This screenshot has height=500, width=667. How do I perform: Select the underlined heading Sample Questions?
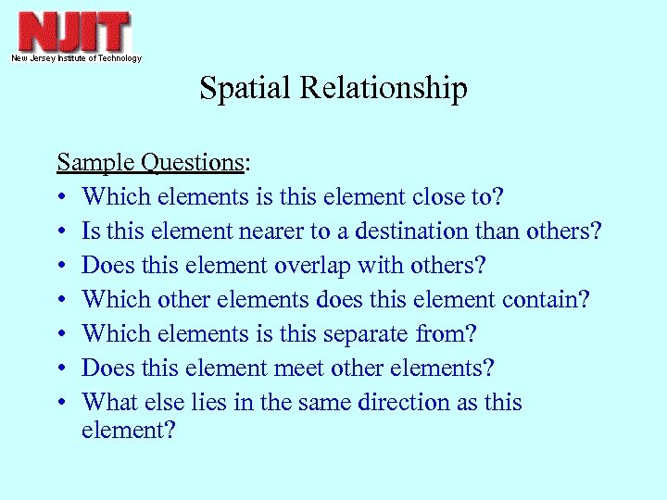151,163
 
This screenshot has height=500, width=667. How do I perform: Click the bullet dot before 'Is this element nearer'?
61,231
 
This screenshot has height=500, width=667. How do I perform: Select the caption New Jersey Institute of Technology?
76,58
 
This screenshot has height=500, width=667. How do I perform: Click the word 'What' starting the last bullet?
107,403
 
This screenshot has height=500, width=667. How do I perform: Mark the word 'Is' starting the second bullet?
91,231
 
